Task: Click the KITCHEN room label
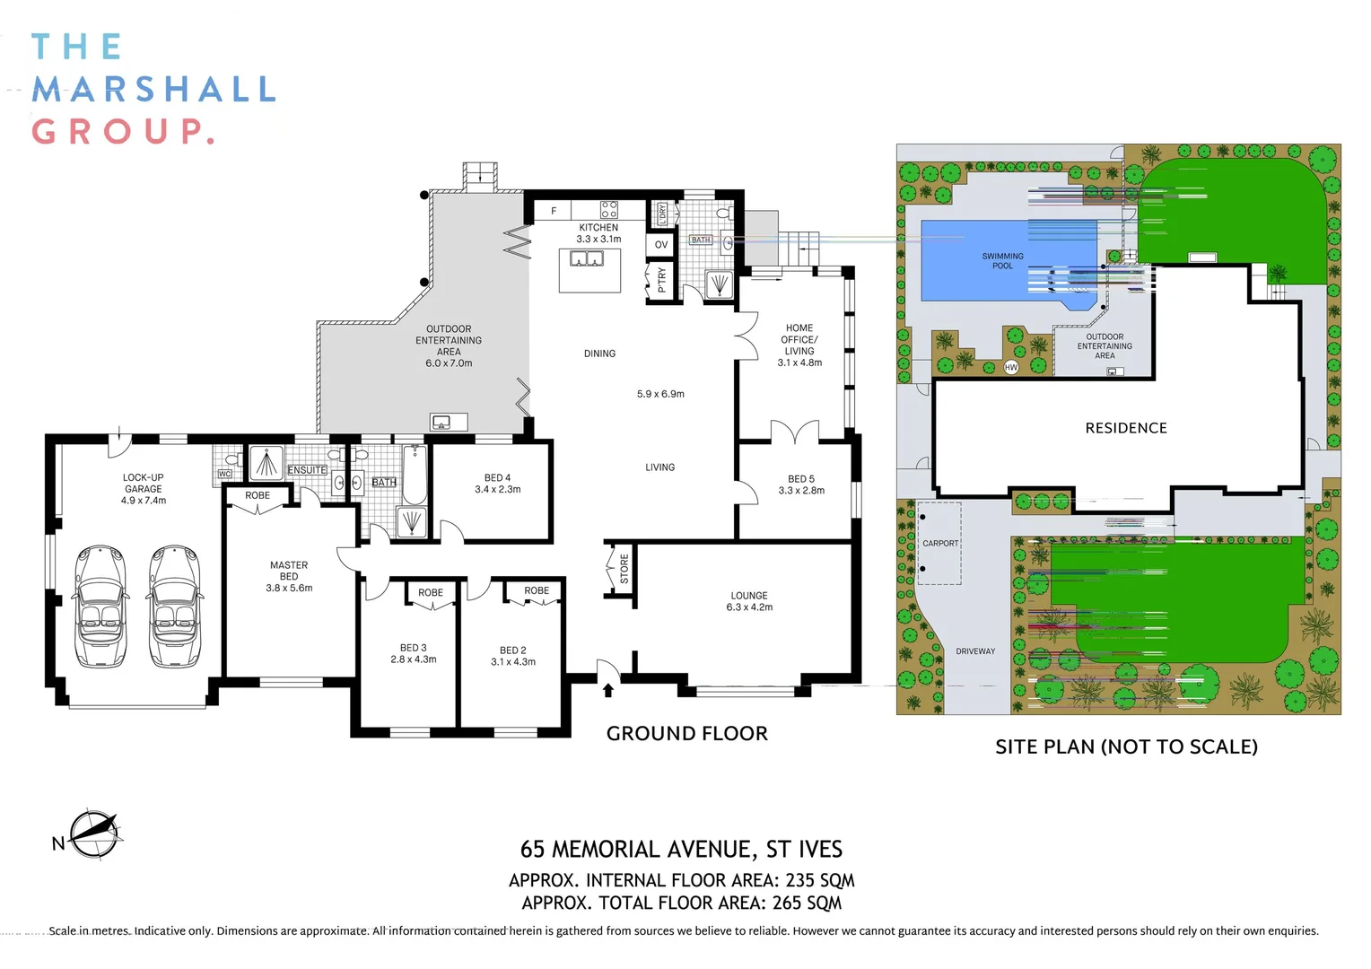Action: point(598,228)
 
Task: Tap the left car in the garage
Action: point(100,607)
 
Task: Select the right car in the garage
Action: point(175,607)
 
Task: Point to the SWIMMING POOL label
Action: point(1002,261)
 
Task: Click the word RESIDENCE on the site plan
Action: point(1126,429)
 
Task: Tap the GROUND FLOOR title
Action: point(686,734)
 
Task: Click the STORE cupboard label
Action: point(624,569)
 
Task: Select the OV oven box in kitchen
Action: point(661,245)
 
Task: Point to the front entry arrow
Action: point(608,689)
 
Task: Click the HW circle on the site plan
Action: point(1011,368)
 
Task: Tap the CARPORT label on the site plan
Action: point(940,544)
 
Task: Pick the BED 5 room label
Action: point(801,479)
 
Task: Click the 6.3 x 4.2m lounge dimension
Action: point(749,607)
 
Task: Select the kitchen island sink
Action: point(588,259)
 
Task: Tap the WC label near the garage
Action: point(224,474)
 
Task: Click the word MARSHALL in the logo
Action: point(153,90)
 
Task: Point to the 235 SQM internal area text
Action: point(819,881)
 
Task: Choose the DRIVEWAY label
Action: point(975,651)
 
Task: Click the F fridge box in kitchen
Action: point(554,211)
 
